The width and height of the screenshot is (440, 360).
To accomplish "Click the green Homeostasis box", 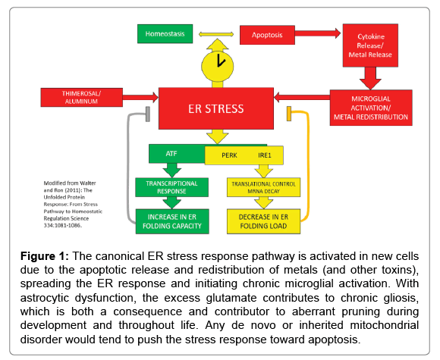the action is pos(165,34).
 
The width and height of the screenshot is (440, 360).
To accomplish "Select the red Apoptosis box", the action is pos(267,35).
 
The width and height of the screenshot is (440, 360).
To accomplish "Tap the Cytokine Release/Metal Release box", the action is pos(370,45).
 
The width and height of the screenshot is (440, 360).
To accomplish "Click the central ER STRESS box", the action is pos(216,108).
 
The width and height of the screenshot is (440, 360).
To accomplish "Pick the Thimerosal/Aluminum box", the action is pos(82,97).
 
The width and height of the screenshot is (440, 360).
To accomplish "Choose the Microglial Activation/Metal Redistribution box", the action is pos(371,108).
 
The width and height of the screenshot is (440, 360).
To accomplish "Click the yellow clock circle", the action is pos(218,67).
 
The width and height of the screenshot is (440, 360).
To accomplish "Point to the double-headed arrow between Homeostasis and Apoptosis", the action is pos(216,35).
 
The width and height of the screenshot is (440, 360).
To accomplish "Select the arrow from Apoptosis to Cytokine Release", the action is pos(318,33).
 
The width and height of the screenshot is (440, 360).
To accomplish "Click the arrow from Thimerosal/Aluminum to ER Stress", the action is pos(140,97).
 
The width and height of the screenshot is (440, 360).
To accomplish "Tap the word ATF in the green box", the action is pos(171,154).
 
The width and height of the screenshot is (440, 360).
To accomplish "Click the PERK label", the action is pos(229,155).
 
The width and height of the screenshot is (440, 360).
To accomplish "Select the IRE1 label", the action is pos(265,155).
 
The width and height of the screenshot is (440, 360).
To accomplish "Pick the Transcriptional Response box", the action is pos(171,187).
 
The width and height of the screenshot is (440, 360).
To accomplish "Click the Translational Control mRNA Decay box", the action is pos(263,187).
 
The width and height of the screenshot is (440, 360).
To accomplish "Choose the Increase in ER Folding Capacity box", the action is pos(172,221).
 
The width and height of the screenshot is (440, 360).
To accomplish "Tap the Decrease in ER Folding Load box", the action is pos(263,221).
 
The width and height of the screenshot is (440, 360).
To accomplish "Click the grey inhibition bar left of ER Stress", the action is pos(148,114).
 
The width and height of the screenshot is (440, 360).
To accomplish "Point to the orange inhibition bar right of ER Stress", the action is pos(289,114).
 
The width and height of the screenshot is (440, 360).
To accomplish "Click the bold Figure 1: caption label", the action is pos(45,256).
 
